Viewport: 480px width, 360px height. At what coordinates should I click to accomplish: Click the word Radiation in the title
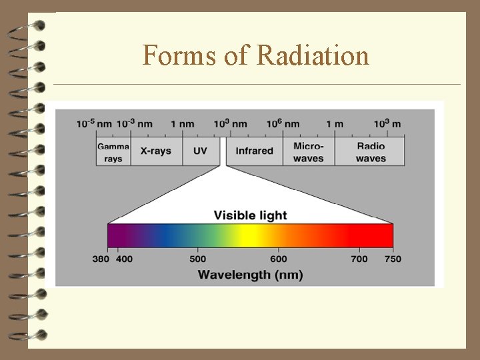coord(313,55)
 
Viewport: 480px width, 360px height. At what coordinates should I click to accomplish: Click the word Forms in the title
coord(180,55)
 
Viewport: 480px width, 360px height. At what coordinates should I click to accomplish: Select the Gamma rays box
coord(113,151)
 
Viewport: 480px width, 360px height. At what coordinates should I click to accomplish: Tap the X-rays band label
coord(155,151)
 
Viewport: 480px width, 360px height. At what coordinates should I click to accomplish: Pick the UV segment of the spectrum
coord(200,151)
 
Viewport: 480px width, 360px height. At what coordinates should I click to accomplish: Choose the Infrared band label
coord(254,151)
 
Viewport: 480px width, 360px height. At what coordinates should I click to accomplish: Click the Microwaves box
coord(308,151)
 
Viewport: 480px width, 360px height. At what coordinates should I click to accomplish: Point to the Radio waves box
coord(371,151)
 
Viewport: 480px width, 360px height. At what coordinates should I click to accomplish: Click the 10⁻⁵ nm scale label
coord(94,124)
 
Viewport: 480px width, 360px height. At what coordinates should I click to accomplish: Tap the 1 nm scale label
coord(182,124)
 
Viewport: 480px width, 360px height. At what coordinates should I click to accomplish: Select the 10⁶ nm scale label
coord(283,124)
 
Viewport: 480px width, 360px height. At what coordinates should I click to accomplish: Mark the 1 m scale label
coord(335,124)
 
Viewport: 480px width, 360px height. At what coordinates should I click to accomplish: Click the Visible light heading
coord(250,215)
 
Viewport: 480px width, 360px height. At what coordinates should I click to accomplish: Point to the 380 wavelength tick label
coord(101,259)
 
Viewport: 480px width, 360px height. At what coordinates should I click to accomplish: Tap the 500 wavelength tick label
coord(198,259)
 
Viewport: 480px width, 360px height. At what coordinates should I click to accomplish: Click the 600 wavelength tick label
coord(279,259)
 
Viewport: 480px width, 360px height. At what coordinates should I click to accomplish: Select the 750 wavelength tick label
coord(393,259)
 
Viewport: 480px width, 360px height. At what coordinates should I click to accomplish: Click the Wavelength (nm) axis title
coord(250,274)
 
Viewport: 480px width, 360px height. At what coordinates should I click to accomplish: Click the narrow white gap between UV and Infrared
coord(223,151)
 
